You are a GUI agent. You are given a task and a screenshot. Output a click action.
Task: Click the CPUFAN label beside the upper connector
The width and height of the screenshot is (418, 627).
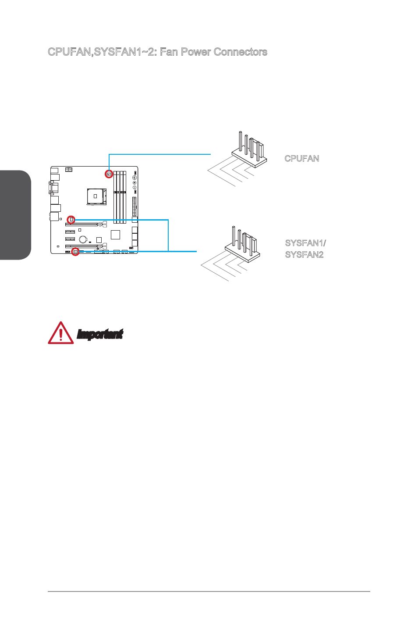(301, 158)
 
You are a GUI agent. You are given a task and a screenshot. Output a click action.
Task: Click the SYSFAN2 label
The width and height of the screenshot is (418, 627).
(304, 255)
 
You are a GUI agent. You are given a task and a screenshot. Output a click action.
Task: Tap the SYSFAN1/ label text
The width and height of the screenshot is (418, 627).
(305, 243)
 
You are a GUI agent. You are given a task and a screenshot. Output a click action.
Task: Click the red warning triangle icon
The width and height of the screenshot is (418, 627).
(61, 333)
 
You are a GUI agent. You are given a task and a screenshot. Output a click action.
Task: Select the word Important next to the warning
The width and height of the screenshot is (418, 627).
(100, 334)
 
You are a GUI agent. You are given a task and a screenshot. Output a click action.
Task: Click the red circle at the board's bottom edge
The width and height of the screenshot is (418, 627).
(75, 252)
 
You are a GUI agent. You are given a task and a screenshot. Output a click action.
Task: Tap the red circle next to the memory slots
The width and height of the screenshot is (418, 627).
(109, 174)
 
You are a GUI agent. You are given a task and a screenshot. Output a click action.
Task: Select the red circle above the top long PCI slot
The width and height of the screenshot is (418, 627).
(71, 219)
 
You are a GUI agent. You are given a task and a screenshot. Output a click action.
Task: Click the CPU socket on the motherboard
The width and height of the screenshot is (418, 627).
(96, 196)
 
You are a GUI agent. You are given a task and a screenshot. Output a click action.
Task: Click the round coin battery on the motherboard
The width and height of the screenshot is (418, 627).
(83, 239)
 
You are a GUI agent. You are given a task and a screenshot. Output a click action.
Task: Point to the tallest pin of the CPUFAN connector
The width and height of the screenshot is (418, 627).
(241, 141)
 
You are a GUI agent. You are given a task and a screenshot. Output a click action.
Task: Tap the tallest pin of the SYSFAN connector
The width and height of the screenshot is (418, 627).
(234, 236)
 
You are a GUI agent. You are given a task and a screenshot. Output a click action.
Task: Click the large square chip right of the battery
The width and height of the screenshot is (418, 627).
(115, 235)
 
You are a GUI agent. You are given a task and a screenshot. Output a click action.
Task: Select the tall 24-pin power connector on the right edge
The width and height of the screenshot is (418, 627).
(135, 206)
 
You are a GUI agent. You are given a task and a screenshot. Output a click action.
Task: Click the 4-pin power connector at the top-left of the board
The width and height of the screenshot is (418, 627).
(69, 169)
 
